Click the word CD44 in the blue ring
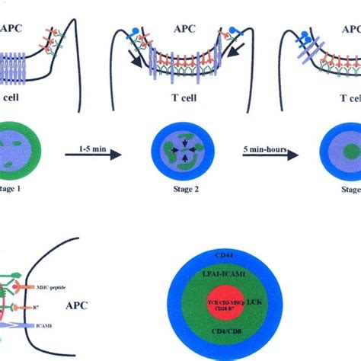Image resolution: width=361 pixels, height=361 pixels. [268, 254]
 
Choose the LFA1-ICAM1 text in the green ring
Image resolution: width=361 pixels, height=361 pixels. [268, 272]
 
